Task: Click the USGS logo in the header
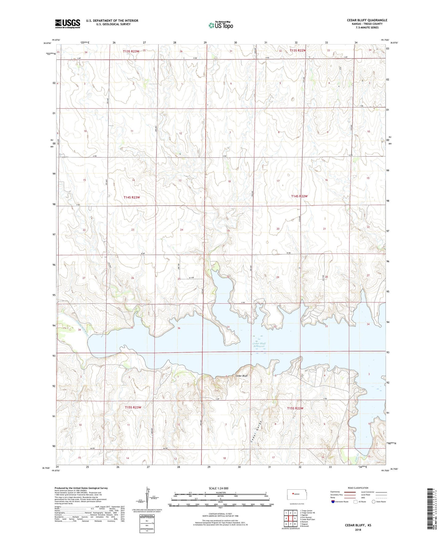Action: click(x=68, y=23)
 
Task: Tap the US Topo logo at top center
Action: click(x=221, y=25)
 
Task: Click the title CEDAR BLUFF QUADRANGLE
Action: click(x=367, y=20)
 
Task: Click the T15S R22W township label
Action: click(x=295, y=408)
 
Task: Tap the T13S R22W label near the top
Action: click(x=298, y=50)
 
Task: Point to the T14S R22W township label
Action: click(x=299, y=196)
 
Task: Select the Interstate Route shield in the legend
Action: click(x=333, y=502)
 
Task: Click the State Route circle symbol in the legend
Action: click(x=373, y=502)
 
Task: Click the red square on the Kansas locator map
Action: click(x=293, y=494)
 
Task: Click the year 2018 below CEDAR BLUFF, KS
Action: click(x=358, y=530)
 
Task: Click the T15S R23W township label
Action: click(x=133, y=407)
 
